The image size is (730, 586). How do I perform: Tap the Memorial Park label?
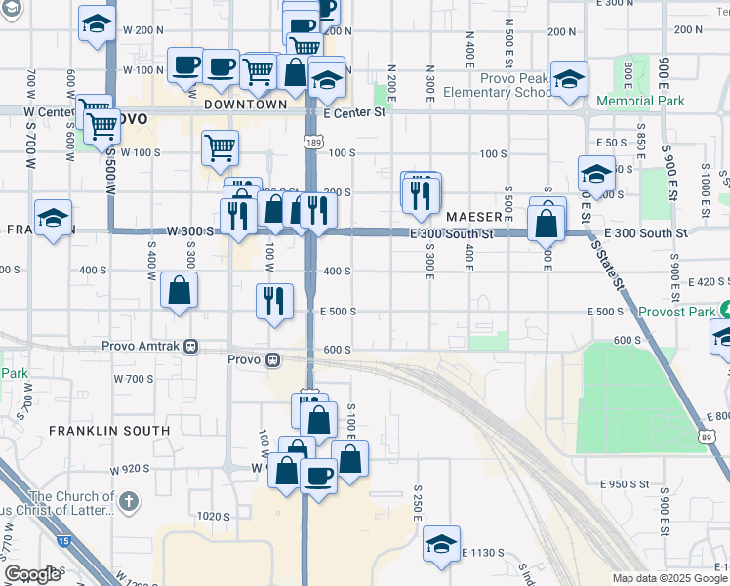coord(640,101)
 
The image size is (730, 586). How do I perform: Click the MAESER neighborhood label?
coord(474,215)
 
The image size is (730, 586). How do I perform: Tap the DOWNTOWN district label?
coord(246,105)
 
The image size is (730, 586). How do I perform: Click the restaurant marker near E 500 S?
coord(275,300)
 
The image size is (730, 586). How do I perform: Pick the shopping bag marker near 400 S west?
coord(180,290)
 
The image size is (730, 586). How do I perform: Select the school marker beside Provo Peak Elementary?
coord(568,79)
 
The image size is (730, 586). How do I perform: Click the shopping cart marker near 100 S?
coord(221,147)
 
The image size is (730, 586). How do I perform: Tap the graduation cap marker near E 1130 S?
coord(441,543)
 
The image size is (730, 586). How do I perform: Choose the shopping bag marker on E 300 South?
coord(546,224)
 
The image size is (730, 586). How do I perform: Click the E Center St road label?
coord(355,113)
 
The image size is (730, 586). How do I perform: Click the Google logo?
coord(32,574)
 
